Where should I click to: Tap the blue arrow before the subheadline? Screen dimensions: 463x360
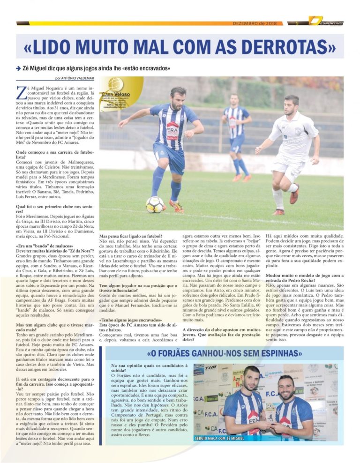(x=18, y=68)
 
